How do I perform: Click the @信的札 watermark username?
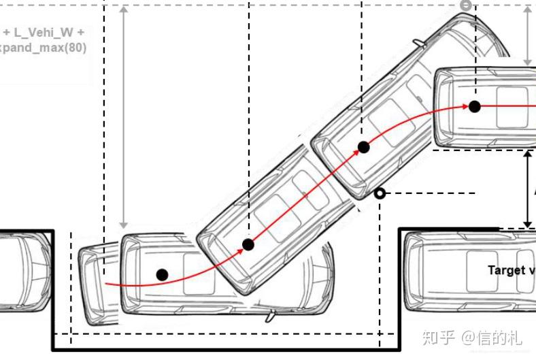[492, 337]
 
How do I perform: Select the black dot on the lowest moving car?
[162, 274]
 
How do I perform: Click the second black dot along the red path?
[248, 244]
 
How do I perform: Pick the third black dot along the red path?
[363, 146]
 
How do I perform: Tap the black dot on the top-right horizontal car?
[475, 106]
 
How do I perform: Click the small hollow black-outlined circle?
[380, 194]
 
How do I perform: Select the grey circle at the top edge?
[465, 5]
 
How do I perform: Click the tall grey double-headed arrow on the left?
[123, 116]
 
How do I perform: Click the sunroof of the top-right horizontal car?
[512, 106]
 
